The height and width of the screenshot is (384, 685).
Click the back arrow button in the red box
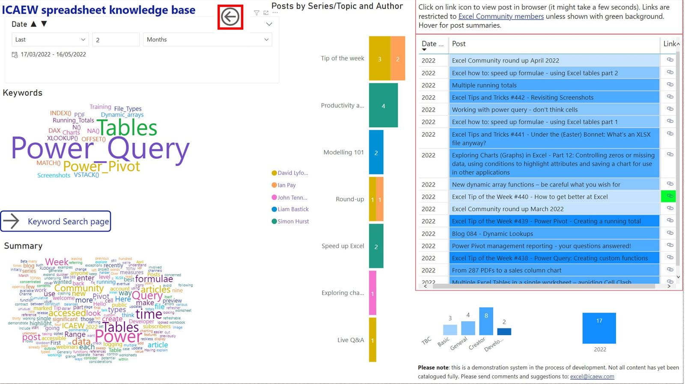[x=230, y=17]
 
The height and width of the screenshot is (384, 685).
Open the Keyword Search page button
[x=56, y=221]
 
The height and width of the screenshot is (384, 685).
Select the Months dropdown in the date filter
[x=207, y=39]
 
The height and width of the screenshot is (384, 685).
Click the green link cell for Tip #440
[x=668, y=196]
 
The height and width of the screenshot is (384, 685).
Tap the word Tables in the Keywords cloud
[x=128, y=128]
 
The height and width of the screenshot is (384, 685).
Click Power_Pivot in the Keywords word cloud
[x=101, y=166]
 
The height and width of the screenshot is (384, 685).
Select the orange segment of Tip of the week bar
[x=398, y=59]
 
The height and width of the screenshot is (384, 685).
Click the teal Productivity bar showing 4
[x=383, y=105]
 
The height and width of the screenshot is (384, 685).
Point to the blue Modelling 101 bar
[x=376, y=152]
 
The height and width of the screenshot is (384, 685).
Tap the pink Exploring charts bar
[x=372, y=293]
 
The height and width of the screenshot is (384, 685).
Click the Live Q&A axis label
[x=350, y=340]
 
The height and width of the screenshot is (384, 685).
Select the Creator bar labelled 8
[x=486, y=321]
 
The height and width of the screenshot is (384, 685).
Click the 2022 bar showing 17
[x=599, y=328]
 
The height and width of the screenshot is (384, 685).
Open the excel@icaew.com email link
[x=592, y=377]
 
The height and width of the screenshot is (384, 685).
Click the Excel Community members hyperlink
[x=501, y=17]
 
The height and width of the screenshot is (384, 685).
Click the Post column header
[x=459, y=44]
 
